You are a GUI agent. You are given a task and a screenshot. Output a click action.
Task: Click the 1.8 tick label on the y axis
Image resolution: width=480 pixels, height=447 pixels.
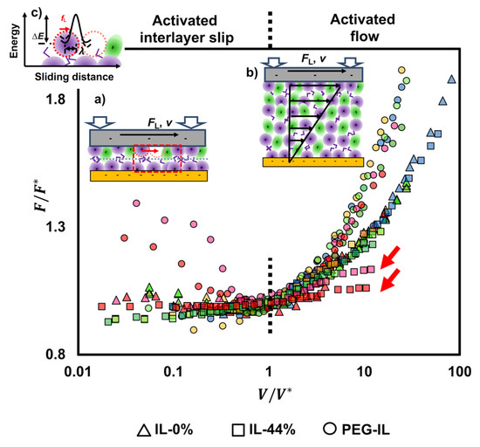point(56,101)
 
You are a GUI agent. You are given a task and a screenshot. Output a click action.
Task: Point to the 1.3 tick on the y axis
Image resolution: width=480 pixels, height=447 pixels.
point(56,228)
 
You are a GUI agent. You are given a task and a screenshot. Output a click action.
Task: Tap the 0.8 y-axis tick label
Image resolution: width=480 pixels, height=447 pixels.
point(56,354)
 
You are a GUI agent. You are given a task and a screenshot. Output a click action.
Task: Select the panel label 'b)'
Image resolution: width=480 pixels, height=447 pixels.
point(252,73)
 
